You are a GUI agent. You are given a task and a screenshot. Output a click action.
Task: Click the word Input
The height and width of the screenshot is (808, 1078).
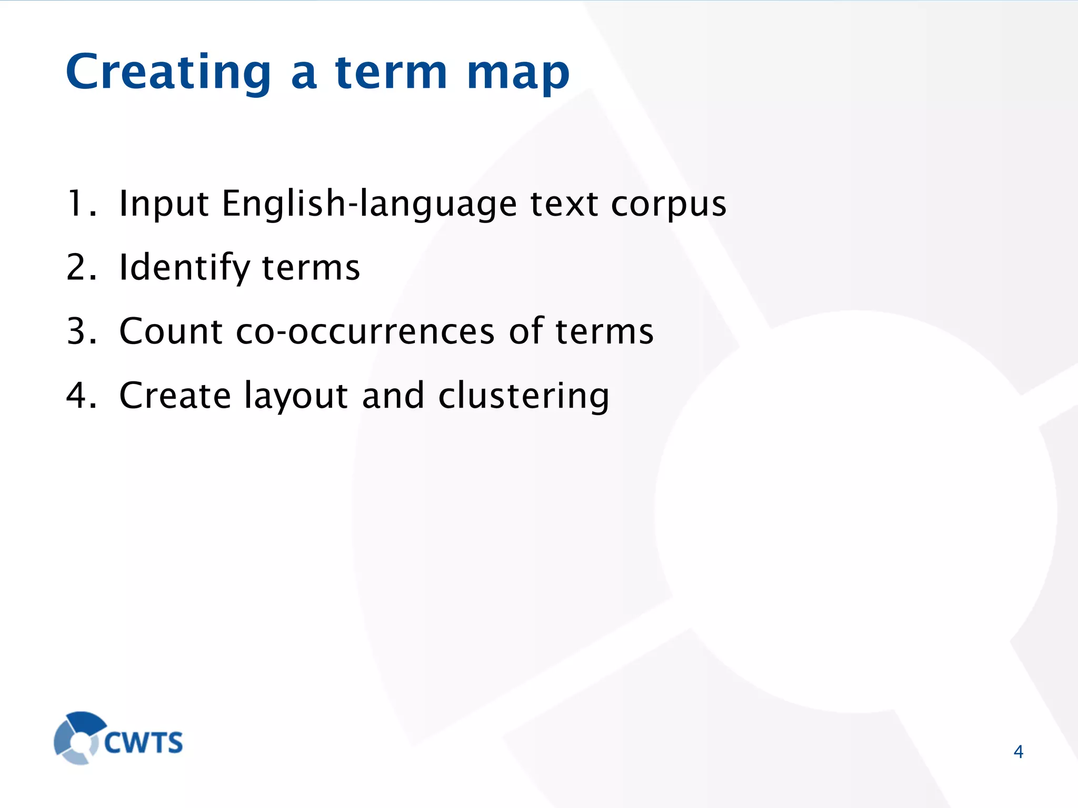click(x=164, y=204)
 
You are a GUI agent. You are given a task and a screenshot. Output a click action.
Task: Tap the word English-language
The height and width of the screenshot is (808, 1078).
click(x=369, y=204)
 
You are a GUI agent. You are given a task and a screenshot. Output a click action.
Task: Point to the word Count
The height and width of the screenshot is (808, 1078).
click(x=171, y=331)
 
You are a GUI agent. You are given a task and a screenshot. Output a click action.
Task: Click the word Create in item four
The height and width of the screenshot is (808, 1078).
click(x=175, y=396)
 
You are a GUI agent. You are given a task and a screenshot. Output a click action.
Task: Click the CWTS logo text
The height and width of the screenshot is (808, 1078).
click(x=143, y=743)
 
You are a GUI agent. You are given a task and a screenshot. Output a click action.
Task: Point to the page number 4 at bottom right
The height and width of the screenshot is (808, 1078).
click(x=1018, y=752)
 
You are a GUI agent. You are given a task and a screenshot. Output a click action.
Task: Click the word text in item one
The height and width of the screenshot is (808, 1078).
click(x=564, y=204)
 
